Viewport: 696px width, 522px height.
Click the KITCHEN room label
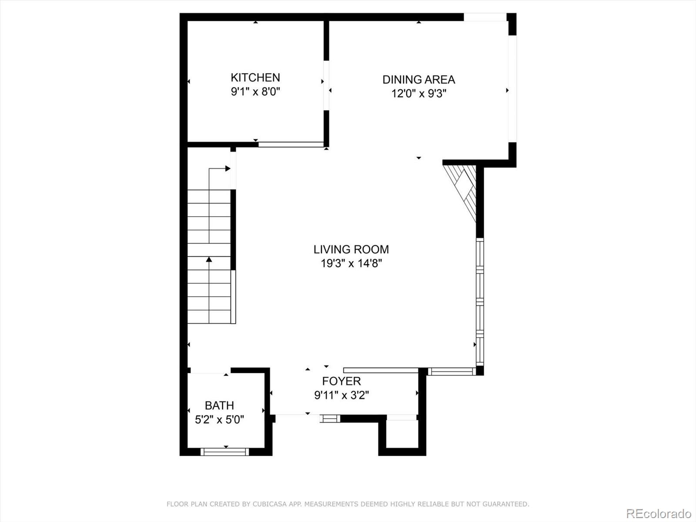pos(255,77)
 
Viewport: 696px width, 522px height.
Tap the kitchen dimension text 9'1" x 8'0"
pos(255,92)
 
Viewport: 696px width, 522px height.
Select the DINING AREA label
pos(418,80)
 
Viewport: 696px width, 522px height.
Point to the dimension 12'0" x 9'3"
pos(418,94)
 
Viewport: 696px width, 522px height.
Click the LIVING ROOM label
pos(351,249)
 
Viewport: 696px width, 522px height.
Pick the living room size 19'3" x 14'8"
pos(351,263)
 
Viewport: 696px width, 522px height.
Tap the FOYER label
pos(341,381)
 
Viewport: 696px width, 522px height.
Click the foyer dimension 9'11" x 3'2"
pos(341,395)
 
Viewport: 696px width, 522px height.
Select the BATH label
pos(219,405)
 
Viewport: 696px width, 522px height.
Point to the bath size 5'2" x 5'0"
pos(219,420)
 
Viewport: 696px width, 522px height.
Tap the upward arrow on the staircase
pos(209,260)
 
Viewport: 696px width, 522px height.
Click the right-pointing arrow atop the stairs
pos(227,168)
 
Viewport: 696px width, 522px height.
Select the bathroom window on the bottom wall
pos(224,452)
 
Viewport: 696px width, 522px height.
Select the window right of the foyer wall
pos(452,371)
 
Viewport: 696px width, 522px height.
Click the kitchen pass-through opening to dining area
pos(326,85)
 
